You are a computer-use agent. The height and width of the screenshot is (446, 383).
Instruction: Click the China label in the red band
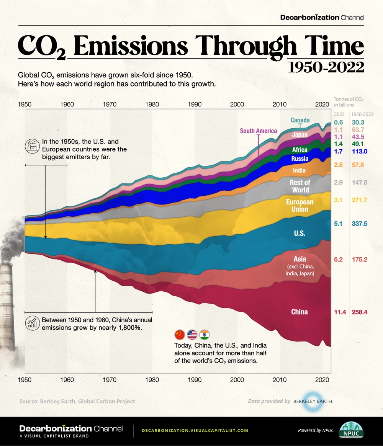(x=299, y=312)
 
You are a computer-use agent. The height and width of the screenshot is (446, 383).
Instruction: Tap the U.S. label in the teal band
(x=299, y=233)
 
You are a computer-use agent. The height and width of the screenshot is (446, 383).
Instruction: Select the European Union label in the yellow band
(x=300, y=206)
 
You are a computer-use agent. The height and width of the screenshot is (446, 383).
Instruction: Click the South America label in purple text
(x=258, y=131)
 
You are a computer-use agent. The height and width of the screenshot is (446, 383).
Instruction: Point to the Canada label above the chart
(x=300, y=120)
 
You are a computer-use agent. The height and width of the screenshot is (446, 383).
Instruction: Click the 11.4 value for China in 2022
(x=340, y=312)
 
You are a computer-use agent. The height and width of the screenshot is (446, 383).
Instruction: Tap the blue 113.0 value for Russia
(x=360, y=151)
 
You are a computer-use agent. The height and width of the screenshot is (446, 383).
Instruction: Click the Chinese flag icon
(x=180, y=335)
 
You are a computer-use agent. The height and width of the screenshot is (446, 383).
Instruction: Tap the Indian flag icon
(x=205, y=335)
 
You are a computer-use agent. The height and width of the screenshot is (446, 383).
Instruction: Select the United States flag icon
(x=192, y=335)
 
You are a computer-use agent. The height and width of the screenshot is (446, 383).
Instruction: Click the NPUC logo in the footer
(x=349, y=430)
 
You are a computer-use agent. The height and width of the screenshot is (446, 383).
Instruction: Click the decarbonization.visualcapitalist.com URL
(x=195, y=430)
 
